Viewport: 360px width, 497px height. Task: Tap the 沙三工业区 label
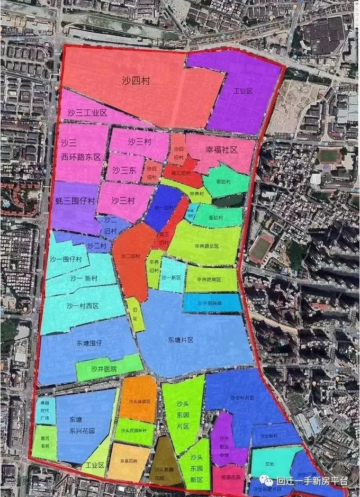click(x=87, y=113)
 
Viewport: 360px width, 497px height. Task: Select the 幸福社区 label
click(x=221, y=150)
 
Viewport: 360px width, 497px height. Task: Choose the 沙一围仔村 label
click(x=66, y=260)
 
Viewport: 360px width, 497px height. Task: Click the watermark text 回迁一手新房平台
click(x=311, y=482)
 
